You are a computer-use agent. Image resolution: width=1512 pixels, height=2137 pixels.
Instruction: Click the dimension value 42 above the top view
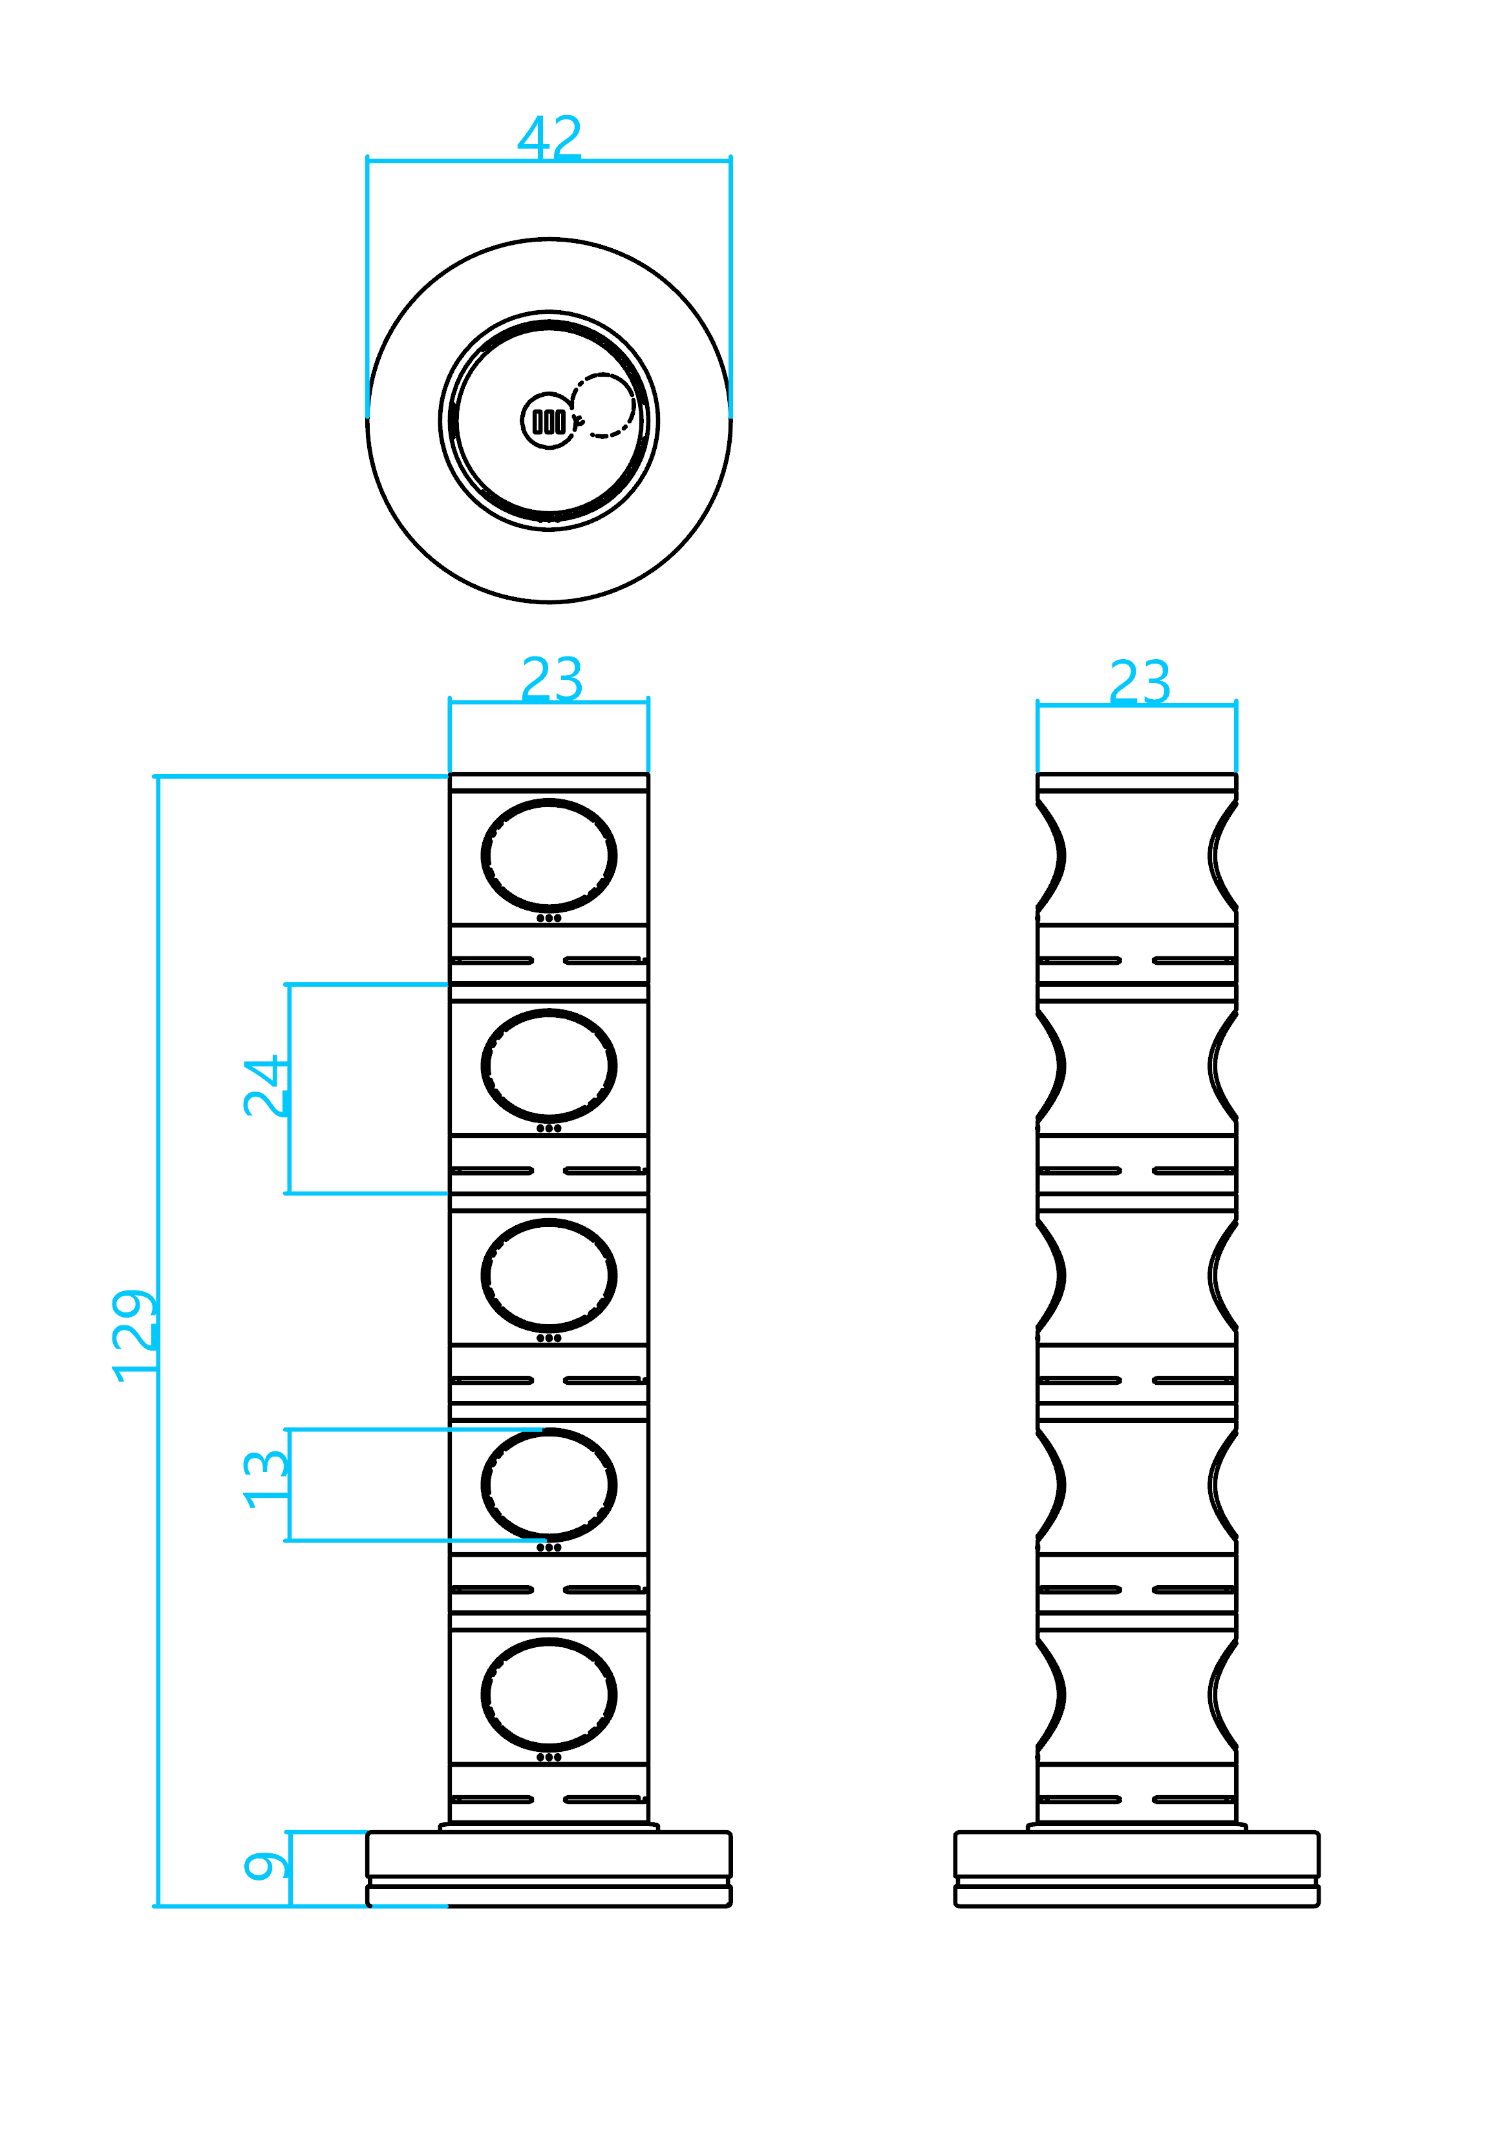pyautogui.click(x=549, y=138)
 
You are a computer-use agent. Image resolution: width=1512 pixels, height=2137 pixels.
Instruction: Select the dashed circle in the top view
pyautogui.click(x=603, y=405)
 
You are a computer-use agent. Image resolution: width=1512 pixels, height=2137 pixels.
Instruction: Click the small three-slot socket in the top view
pyautogui.click(x=548, y=421)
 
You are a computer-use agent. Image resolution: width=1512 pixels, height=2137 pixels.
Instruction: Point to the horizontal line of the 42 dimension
pyautogui.click(x=652, y=160)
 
